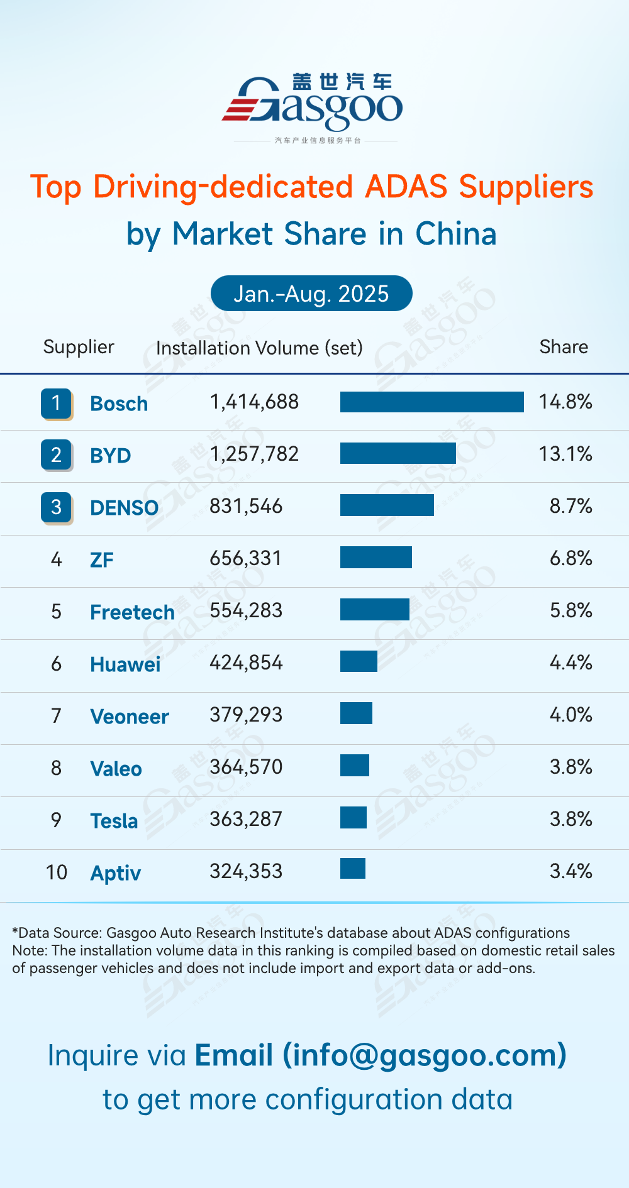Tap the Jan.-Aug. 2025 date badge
coord(311,294)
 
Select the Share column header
coord(564,347)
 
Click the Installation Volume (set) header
coord(259,348)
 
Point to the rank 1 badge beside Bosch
coord(56,403)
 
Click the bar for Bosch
coord(431,402)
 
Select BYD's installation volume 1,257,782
coord(254,454)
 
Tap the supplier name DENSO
coord(124,508)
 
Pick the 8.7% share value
coord(571,506)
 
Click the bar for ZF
coord(376,558)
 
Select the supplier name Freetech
coord(132,612)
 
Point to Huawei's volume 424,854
coord(246,663)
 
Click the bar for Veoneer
coord(356,713)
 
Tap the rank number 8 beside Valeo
coord(56,768)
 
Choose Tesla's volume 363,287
coord(246,819)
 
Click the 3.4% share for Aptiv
coord(571,871)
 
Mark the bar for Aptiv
coord(352,869)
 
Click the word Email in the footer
coord(233,1055)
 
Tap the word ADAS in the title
coord(406,187)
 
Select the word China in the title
coord(456,234)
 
